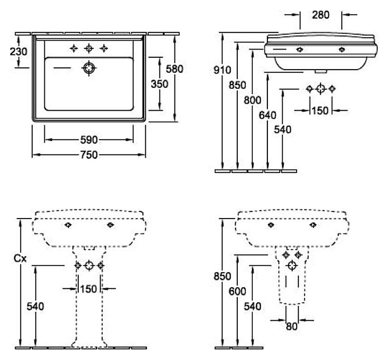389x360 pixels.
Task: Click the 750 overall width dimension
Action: (x=89, y=155)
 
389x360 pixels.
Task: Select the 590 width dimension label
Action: (x=89, y=140)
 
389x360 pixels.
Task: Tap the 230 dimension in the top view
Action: (x=18, y=51)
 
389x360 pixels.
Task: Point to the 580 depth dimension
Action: (x=175, y=69)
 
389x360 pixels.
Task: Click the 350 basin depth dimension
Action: (x=159, y=84)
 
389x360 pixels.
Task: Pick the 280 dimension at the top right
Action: (x=321, y=15)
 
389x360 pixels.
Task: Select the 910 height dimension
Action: (x=222, y=70)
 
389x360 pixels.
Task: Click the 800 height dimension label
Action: (x=252, y=100)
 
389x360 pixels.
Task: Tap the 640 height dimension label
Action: (x=267, y=115)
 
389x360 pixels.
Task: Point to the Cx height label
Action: (x=20, y=259)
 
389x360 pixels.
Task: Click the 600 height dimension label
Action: (x=237, y=291)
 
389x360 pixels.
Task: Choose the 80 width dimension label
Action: (x=292, y=327)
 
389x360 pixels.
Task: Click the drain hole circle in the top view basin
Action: (x=89, y=68)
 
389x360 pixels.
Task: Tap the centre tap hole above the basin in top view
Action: (x=89, y=48)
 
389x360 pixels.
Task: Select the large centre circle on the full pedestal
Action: (x=89, y=266)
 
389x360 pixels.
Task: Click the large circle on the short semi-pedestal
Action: (x=292, y=266)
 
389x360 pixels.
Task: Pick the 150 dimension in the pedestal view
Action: (x=89, y=289)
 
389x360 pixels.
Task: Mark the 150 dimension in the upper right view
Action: (x=320, y=111)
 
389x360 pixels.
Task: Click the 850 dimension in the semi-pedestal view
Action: (x=222, y=276)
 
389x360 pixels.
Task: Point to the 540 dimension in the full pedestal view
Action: (x=35, y=307)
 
